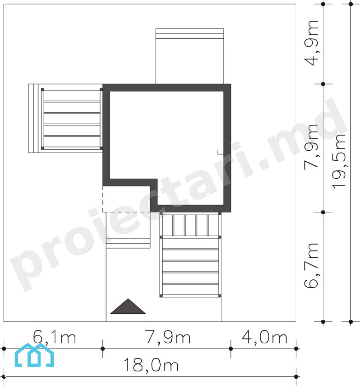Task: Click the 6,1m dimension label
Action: pos(54,337)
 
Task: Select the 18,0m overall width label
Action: pos(151,365)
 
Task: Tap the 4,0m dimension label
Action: pos(264,337)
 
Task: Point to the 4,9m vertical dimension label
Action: pos(311,43)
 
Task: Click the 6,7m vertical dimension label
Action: pos(311,266)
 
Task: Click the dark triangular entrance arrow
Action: pos(128,306)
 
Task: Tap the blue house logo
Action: pos(34,355)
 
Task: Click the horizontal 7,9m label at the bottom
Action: pos(168,337)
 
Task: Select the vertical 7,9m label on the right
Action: pos(311,147)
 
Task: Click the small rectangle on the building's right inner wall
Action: pos(220,152)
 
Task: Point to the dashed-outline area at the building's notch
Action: pos(126,199)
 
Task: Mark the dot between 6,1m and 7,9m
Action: pos(102,349)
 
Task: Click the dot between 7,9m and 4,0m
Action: pos(231,349)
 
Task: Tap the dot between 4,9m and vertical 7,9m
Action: pos(323,84)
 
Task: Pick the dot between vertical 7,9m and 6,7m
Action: pos(323,212)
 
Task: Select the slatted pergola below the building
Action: pos(190,255)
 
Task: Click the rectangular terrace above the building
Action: pos(190,57)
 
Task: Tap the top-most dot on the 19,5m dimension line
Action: pos(351,4)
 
